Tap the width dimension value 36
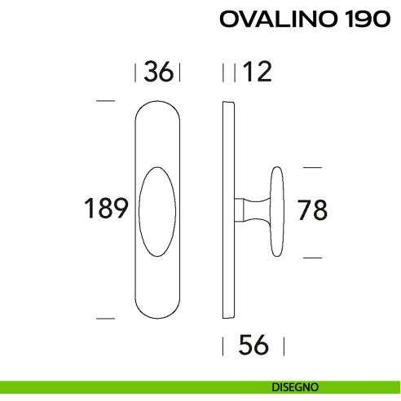[158, 73]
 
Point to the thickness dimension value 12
[256, 73]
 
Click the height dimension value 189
[107, 209]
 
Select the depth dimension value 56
[253, 346]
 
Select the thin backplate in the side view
[231, 209]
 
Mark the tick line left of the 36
[135, 73]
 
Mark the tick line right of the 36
[179, 73]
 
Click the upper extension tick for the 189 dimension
[104, 101]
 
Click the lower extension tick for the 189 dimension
[104, 317]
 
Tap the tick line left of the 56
[223, 346]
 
